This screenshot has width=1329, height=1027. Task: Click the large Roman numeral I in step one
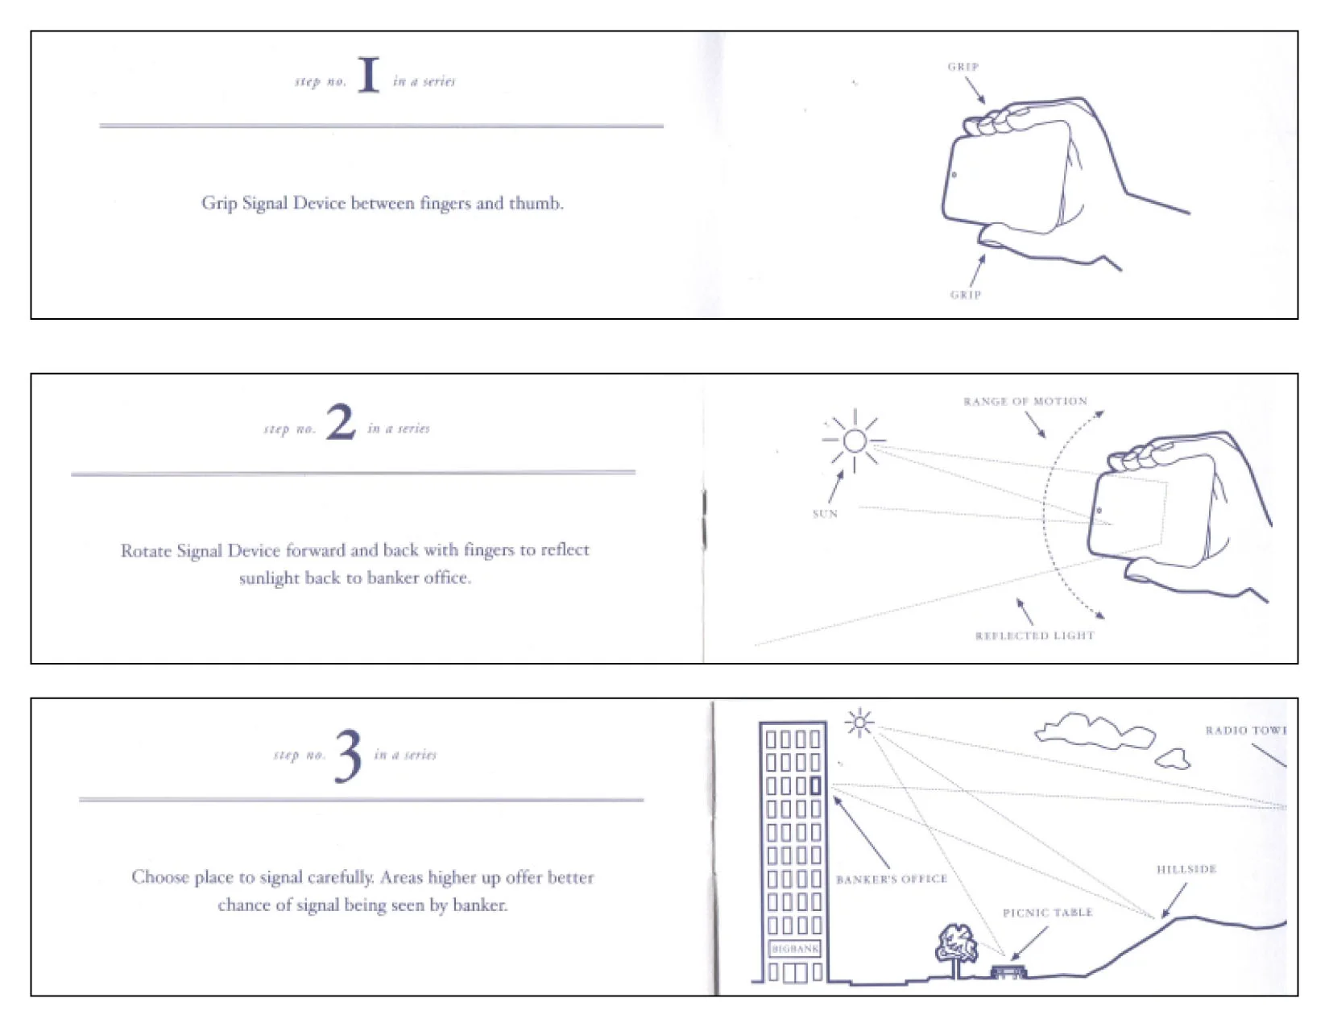[368, 75]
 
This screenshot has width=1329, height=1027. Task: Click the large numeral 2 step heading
[340, 422]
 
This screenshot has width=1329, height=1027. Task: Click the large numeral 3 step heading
[348, 755]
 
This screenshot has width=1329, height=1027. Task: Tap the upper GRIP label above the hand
[963, 67]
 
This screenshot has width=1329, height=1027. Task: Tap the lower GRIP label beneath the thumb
[965, 295]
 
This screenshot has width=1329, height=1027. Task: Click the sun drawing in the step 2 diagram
[855, 441]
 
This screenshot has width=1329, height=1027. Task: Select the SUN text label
[825, 514]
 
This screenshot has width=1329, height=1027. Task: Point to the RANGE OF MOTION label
[1025, 401]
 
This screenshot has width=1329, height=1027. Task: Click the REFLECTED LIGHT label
[1034, 636]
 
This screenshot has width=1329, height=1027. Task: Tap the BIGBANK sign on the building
[794, 949]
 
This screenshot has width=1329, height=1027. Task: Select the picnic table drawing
[1008, 971]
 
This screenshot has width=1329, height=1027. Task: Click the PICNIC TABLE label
[1047, 913]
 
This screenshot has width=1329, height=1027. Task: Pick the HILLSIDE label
[1186, 869]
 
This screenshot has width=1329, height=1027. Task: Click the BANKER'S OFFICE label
[891, 880]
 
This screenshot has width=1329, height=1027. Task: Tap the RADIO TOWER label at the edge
[1244, 731]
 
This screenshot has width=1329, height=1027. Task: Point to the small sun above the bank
[859, 723]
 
